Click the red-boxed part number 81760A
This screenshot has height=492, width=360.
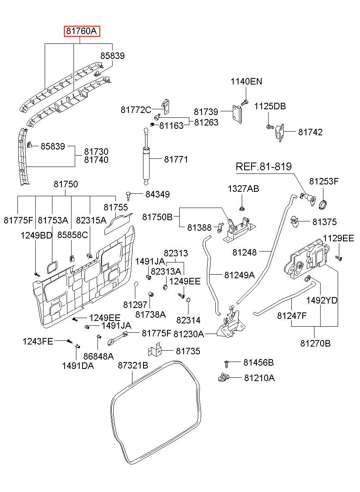click(x=82, y=31)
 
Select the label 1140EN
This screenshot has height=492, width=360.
click(x=246, y=81)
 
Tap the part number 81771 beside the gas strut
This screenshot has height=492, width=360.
click(x=176, y=160)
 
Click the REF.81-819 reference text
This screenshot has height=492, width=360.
click(x=264, y=167)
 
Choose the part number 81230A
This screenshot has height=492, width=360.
click(x=189, y=334)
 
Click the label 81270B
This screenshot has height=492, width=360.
click(x=315, y=343)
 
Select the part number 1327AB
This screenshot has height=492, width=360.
click(x=243, y=189)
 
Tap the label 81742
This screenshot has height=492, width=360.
click(x=310, y=132)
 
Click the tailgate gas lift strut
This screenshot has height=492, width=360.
click(x=145, y=156)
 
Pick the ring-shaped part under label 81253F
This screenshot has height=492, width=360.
click(x=323, y=204)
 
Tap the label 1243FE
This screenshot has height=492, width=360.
click(x=38, y=341)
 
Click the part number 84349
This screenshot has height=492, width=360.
click(x=157, y=194)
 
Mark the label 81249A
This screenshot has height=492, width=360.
click(x=239, y=275)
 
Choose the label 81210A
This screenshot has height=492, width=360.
click(x=259, y=378)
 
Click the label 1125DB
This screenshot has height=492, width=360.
click(x=270, y=106)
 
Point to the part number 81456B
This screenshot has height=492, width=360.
click(x=258, y=362)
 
